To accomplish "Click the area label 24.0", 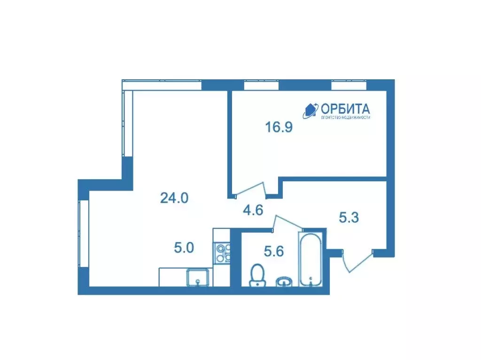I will pos(174,199).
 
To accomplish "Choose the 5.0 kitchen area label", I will pos(184,248).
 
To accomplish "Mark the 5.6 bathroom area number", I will pos(273,252).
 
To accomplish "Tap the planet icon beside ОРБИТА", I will pos(310,110).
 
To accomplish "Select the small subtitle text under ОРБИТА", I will pos(345,117).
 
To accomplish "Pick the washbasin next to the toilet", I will pos(283,282).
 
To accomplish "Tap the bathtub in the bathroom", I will pos(311,258).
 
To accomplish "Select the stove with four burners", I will pos(222,253).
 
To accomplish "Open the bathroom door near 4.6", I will pos(287,222).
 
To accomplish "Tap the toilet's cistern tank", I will pos(257,283).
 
